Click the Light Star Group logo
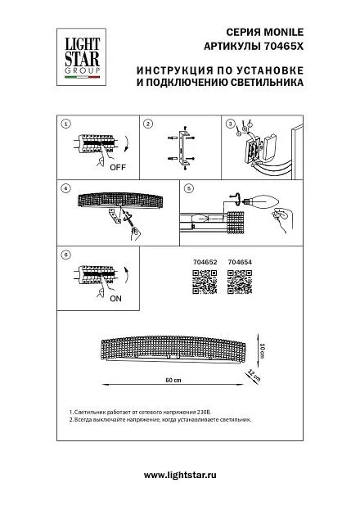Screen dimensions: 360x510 [x=81, y=57]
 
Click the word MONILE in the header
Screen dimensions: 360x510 [x=284, y=32]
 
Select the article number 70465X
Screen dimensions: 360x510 [x=282, y=47]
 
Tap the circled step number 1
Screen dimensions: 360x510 [x=66, y=124]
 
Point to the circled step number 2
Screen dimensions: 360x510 [x=148, y=124]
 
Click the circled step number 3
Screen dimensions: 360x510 [x=230, y=124]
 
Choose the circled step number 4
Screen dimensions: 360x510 [x=66, y=188]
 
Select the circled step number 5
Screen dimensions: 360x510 [x=189, y=188]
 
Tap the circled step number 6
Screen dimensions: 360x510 [x=66, y=255]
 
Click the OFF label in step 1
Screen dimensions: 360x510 [x=118, y=168]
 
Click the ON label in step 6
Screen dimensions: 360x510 [x=115, y=298]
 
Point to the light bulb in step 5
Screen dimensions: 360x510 [x=262, y=201]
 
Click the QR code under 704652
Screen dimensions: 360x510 [x=205, y=282]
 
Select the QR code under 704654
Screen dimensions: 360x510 [x=240, y=282]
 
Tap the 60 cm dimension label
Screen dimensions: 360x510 [x=173, y=380]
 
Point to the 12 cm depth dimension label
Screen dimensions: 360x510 [x=254, y=375]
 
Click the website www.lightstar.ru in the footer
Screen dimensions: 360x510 [x=180, y=475]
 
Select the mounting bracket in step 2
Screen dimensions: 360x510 [x=183, y=147]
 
